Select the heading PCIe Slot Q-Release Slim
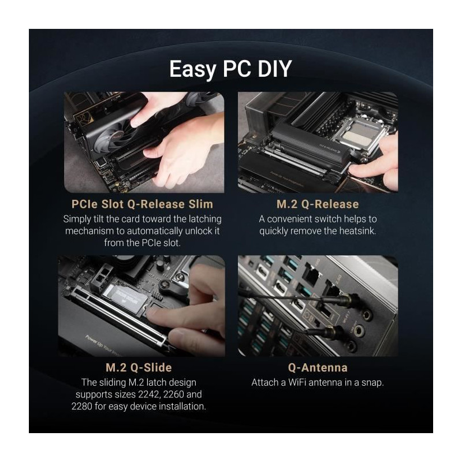click(x=142, y=204)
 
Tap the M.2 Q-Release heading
click(x=318, y=204)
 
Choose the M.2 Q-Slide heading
click(x=139, y=367)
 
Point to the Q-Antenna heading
click(x=318, y=367)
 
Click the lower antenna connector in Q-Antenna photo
click(x=333, y=331)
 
